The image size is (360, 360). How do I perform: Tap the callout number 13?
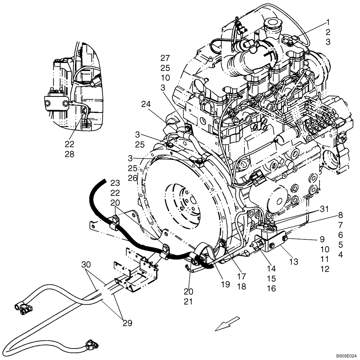pos(294,262)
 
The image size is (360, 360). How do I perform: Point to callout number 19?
pos(225,284)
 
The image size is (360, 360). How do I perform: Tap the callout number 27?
pos(165,58)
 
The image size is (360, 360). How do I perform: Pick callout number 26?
pos(132,178)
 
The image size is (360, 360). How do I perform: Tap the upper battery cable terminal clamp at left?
pos(23,307)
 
